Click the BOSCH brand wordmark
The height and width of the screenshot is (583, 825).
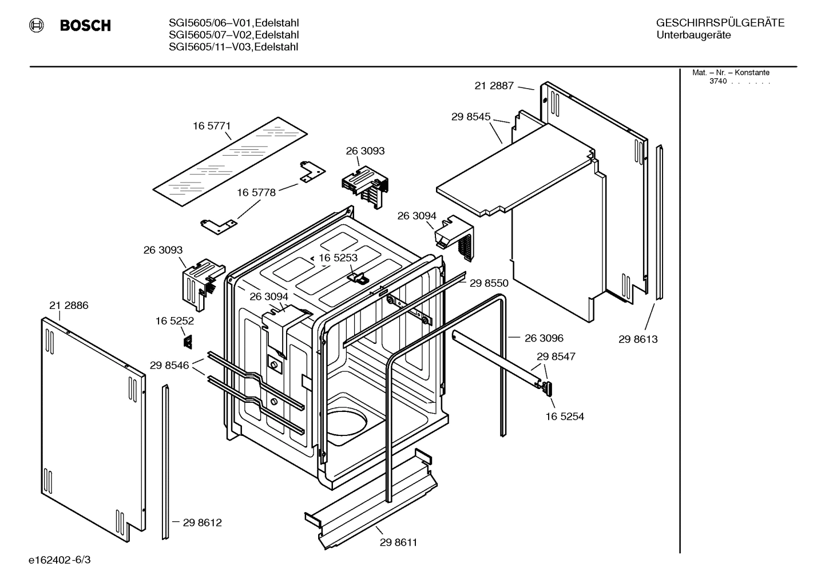(85, 26)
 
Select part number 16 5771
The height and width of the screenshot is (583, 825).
(211, 126)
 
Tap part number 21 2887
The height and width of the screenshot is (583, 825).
(494, 86)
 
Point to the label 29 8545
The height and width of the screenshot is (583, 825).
(470, 117)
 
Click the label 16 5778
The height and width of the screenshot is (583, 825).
(256, 193)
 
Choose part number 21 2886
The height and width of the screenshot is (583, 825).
(69, 306)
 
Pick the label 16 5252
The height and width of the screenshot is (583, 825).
(174, 322)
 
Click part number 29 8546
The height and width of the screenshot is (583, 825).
(169, 365)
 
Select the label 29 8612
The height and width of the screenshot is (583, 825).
(202, 522)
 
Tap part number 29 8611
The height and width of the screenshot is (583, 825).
(398, 542)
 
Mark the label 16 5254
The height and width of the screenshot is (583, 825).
(564, 417)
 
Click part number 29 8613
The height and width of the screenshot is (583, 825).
(638, 339)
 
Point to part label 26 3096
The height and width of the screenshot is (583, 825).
(544, 338)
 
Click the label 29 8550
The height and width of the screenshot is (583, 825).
(489, 283)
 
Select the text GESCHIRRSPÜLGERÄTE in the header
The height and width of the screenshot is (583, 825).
(720, 23)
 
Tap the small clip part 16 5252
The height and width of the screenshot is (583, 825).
(187, 342)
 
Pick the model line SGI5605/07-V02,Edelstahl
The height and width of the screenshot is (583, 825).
(233, 35)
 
